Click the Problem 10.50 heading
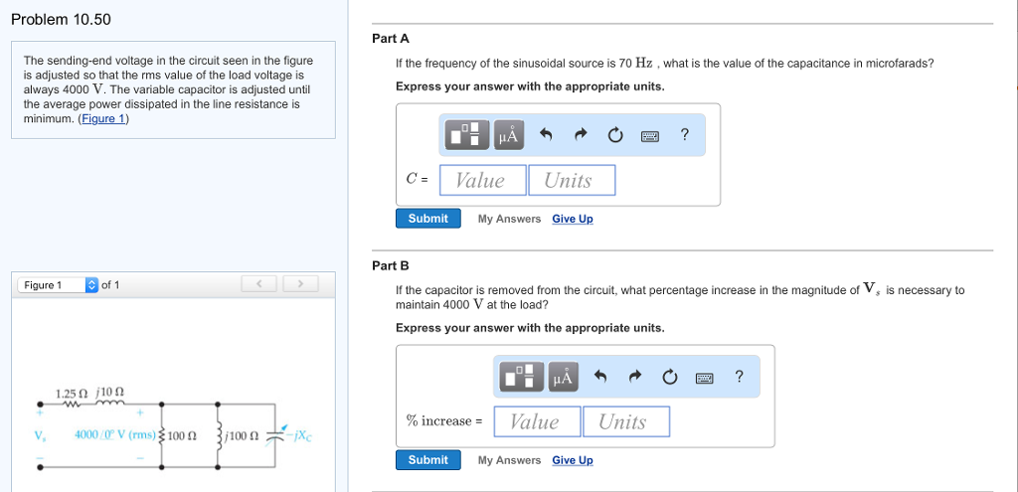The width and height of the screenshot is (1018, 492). tap(61, 20)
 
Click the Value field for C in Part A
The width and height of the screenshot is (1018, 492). tap(480, 180)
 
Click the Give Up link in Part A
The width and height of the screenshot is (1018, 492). tap(573, 219)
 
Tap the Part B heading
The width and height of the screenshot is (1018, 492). tap(391, 265)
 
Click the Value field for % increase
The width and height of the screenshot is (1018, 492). tap(534, 421)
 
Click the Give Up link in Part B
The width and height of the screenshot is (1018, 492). tap(573, 460)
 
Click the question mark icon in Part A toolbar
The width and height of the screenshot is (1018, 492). tap(685, 135)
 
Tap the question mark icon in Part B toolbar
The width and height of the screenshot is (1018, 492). tap(739, 377)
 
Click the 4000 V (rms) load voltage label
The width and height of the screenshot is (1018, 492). tap(116, 434)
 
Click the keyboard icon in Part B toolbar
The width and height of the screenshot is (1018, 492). tap(705, 377)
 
